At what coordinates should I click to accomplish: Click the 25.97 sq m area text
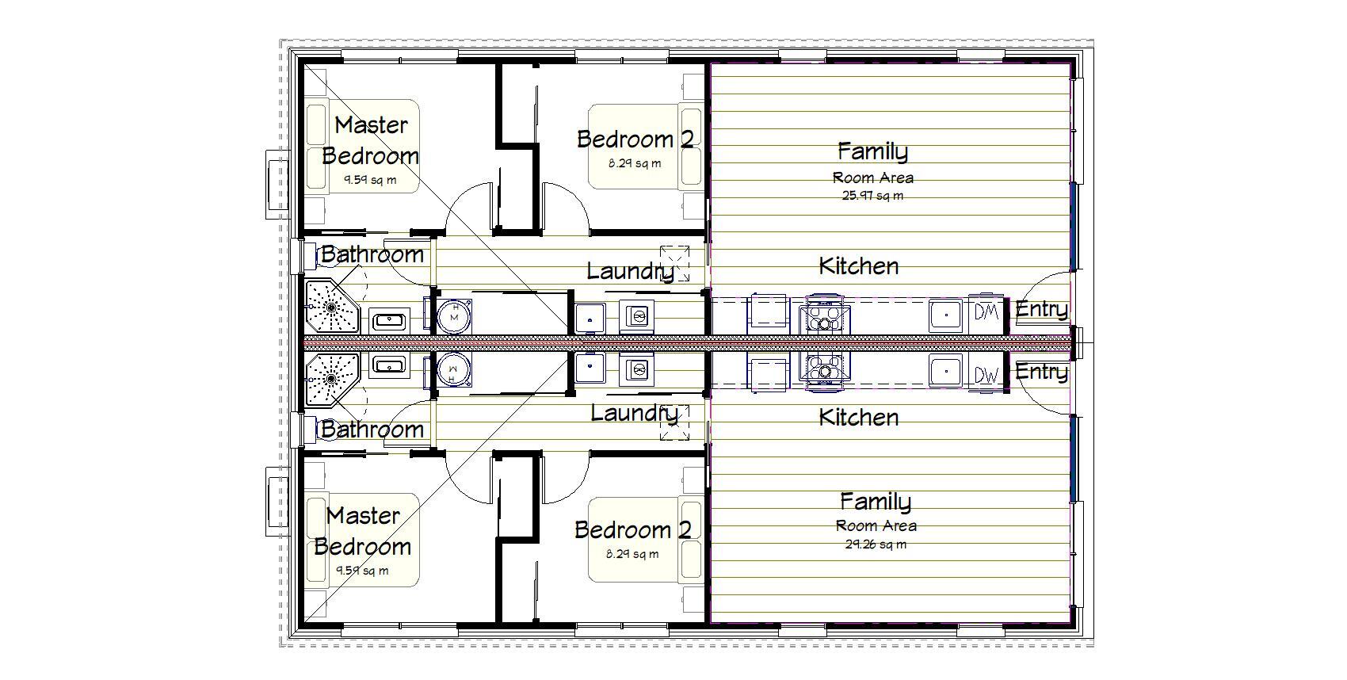pyautogui.click(x=872, y=196)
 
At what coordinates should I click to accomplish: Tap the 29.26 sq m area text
pyautogui.click(x=876, y=544)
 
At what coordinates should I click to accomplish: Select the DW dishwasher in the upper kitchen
pyautogui.click(x=986, y=312)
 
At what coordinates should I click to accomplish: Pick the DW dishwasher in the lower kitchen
pyautogui.click(x=986, y=375)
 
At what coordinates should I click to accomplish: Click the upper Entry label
pyautogui.click(x=1041, y=309)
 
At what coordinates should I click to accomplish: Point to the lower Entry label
pyautogui.click(x=1041, y=372)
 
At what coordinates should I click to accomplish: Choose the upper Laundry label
pyautogui.click(x=630, y=272)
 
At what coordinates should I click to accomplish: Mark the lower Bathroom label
pyautogui.click(x=372, y=430)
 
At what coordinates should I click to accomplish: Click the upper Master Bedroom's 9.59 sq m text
pyautogui.click(x=370, y=180)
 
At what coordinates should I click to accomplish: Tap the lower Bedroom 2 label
pyautogui.click(x=632, y=529)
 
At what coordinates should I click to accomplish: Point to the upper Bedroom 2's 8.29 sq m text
pyautogui.click(x=634, y=164)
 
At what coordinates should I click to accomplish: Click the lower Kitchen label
pyautogui.click(x=858, y=418)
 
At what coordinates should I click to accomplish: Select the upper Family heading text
pyautogui.click(x=872, y=151)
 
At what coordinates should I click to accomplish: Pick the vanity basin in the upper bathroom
pyautogui.click(x=389, y=320)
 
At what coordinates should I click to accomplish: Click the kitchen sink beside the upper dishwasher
pyautogui.click(x=946, y=314)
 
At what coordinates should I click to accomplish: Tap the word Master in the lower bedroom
pyautogui.click(x=363, y=516)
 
